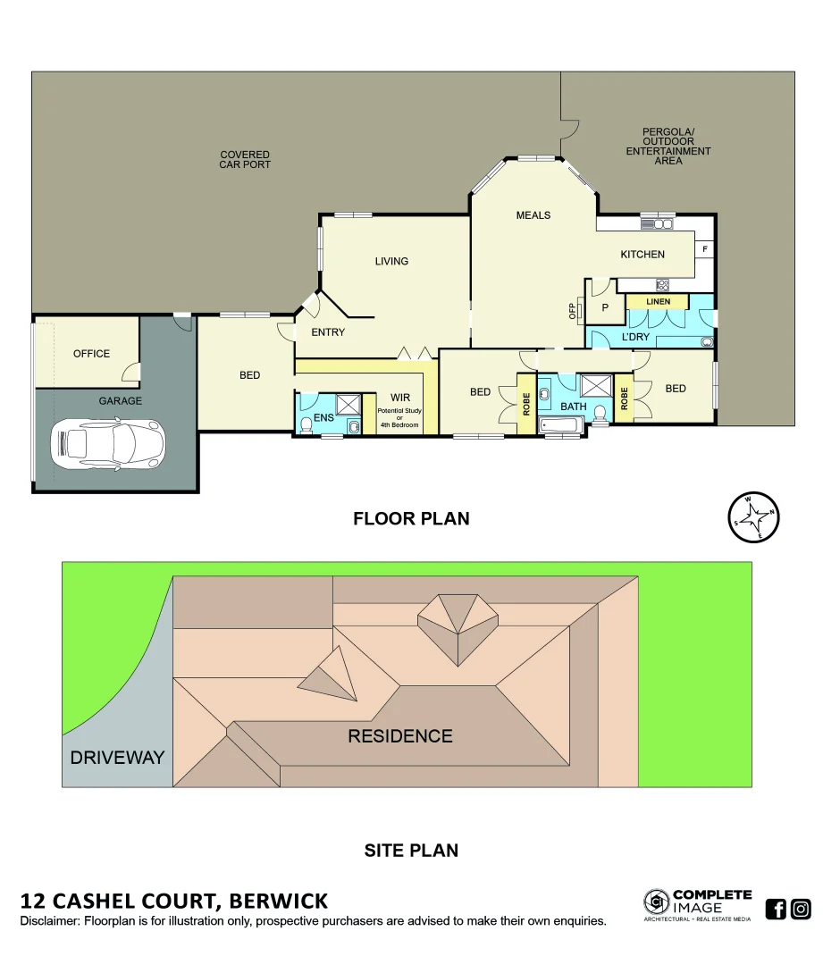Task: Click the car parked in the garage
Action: pyautogui.click(x=105, y=442)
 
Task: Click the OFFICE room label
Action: pyautogui.click(x=91, y=354)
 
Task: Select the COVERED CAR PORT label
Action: pyautogui.click(x=245, y=160)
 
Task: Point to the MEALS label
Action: pyautogui.click(x=533, y=215)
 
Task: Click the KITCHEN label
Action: pyautogui.click(x=642, y=255)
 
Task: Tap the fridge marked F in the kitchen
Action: pyautogui.click(x=705, y=249)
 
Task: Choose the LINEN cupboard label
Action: pyautogui.click(x=659, y=302)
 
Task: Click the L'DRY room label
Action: pyautogui.click(x=634, y=338)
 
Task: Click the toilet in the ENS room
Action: pyautogui.click(x=306, y=424)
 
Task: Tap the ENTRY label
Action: pyautogui.click(x=328, y=332)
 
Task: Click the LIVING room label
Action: pyautogui.click(x=391, y=262)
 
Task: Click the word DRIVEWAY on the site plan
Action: pyautogui.click(x=117, y=758)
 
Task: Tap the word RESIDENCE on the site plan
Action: pyautogui.click(x=399, y=736)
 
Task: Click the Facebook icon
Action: pyautogui.click(x=776, y=910)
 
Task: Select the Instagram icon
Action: pyautogui.click(x=802, y=910)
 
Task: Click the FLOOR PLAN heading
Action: pyautogui.click(x=411, y=518)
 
